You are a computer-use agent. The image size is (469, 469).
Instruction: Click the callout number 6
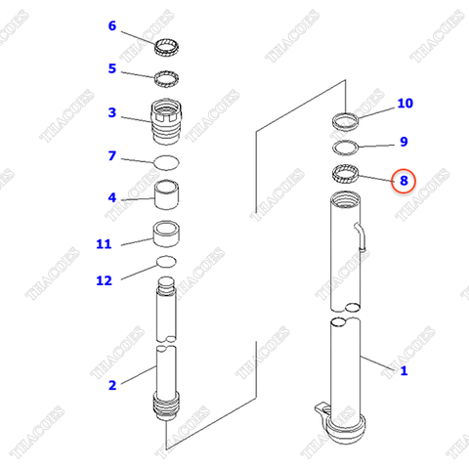[111, 25]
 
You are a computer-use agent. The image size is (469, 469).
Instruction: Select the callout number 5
[111, 68]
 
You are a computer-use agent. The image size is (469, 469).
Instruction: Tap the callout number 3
[111, 112]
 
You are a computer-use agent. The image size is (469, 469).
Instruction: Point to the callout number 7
[111, 155]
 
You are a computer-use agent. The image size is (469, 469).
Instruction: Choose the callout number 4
[111, 197]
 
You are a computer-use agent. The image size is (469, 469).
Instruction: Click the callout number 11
[104, 243]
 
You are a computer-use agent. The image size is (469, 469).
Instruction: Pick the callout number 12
[104, 280]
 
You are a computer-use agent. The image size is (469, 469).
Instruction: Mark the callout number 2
[111, 385]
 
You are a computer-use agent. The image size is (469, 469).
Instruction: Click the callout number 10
[405, 104]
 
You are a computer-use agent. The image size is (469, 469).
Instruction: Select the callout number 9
[404, 142]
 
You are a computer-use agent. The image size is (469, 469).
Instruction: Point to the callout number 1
[404, 370]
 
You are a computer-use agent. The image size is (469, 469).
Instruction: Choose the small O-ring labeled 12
[166, 262]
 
